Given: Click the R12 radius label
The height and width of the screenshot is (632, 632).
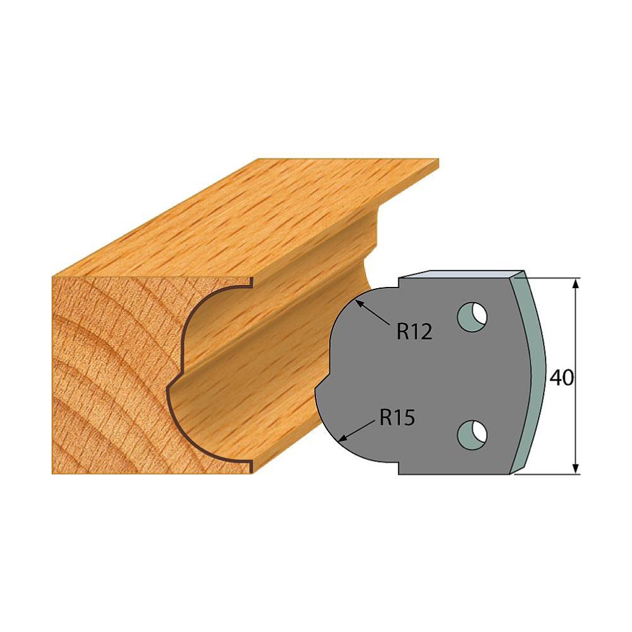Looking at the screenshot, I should (x=414, y=331).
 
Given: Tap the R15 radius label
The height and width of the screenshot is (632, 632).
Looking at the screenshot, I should (x=397, y=418).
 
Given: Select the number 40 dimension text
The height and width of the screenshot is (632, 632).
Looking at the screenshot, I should (x=561, y=378).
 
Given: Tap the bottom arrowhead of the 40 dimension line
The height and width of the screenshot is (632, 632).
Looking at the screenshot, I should (x=576, y=469).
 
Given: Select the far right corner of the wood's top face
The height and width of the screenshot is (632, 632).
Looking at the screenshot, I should (x=438, y=162).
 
